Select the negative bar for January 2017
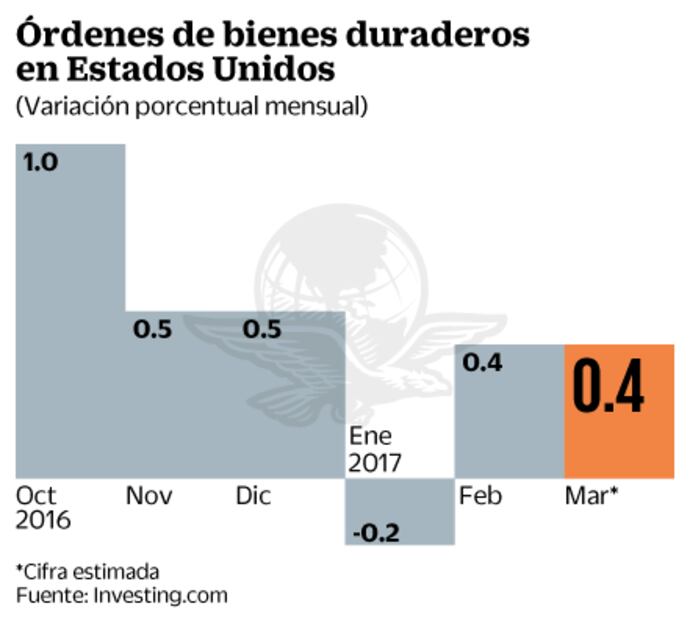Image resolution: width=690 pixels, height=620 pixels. (400, 511)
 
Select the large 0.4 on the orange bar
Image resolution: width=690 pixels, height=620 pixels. (608, 390)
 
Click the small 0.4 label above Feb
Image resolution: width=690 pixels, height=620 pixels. (481, 361)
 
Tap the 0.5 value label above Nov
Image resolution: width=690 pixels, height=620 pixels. (153, 329)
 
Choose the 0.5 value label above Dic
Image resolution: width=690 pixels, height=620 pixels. (262, 329)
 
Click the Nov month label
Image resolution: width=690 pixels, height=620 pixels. (149, 496)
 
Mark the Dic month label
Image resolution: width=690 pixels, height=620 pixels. (253, 496)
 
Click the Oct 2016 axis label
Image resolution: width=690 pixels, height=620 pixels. (43, 508)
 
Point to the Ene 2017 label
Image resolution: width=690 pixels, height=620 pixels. (375, 449)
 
